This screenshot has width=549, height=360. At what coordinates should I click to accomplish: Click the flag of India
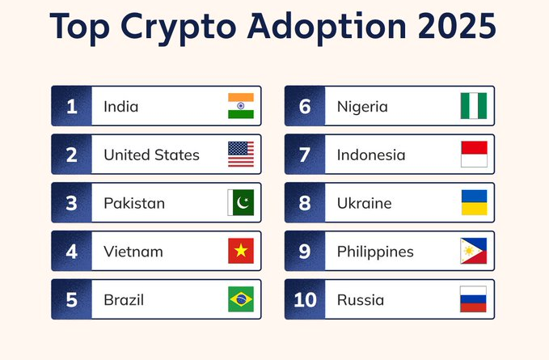(x=241, y=106)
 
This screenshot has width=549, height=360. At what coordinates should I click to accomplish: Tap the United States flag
(x=241, y=155)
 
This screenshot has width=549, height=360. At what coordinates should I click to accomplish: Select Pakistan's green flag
(x=241, y=203)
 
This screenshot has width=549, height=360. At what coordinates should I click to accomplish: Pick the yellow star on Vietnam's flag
(x=241, y=252)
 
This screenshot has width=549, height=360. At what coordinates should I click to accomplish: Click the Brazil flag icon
(x=241, y=299)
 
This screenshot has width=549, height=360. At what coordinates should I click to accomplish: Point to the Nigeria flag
(x=474, y=106)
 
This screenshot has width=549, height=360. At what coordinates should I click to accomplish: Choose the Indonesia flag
(x=474, y=155)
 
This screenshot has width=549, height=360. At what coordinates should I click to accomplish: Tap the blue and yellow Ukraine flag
(x=474, y=203)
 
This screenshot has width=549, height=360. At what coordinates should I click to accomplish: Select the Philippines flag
(x=474, y=252)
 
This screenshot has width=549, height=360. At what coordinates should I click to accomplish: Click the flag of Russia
(x=474, y=299)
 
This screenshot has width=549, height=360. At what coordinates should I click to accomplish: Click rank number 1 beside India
(x=72, y=106)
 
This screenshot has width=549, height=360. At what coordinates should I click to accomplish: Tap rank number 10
(x=305, y=299)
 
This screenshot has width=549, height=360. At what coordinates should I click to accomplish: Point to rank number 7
(x=305, y=155)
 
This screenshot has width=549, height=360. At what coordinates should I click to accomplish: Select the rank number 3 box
(x=72, y=203)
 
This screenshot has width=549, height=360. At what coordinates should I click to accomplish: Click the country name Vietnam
(x=133, y=252)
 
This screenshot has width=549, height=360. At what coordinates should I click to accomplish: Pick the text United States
(x=151, y=155)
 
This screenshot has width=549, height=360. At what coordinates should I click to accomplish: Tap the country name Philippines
(x=375, y=252)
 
